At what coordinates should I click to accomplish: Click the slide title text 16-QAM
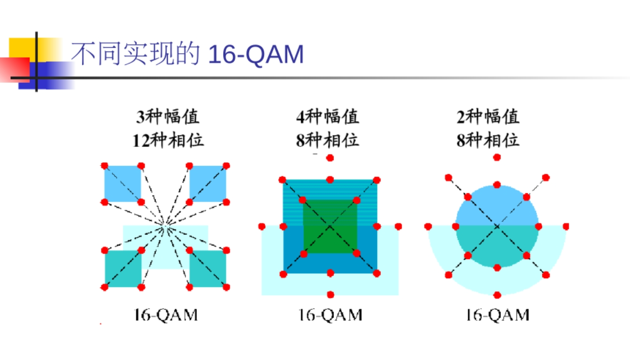coord(256,55)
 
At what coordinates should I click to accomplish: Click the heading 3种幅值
coord(168,117)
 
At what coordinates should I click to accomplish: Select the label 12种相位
coord(168,140)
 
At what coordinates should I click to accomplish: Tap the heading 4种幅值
coord(327,117)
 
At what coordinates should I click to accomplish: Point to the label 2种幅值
coord(488,117)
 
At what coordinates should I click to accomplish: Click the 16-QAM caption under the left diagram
coord(166,315)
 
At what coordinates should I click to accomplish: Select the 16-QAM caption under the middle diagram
coord(330,315)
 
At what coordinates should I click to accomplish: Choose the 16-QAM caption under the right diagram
coord(497,315)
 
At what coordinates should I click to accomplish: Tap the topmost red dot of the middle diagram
coord(330,157)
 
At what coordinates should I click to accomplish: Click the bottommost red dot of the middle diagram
coord(330,294)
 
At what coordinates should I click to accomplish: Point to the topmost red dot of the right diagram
coord(497,157)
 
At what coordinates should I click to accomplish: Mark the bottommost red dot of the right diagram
coord(497,295)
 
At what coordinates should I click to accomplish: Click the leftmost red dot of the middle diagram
coord(262,227)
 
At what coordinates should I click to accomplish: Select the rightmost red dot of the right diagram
coord(566,226)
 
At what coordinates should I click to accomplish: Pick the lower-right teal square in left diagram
coord(208,268)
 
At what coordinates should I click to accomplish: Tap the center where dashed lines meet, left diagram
coord(165,227)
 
